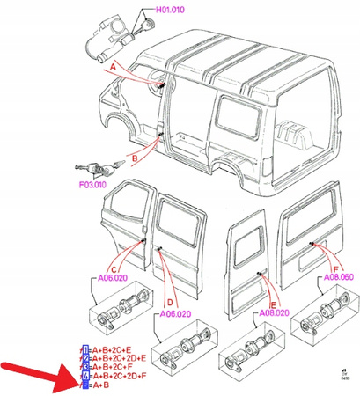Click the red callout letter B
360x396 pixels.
[x=135, y=158]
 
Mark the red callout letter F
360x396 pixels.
[x=335, y=244]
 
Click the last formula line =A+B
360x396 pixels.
[x=98, y=385]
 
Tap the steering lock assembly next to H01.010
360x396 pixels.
[x=110, y=35]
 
